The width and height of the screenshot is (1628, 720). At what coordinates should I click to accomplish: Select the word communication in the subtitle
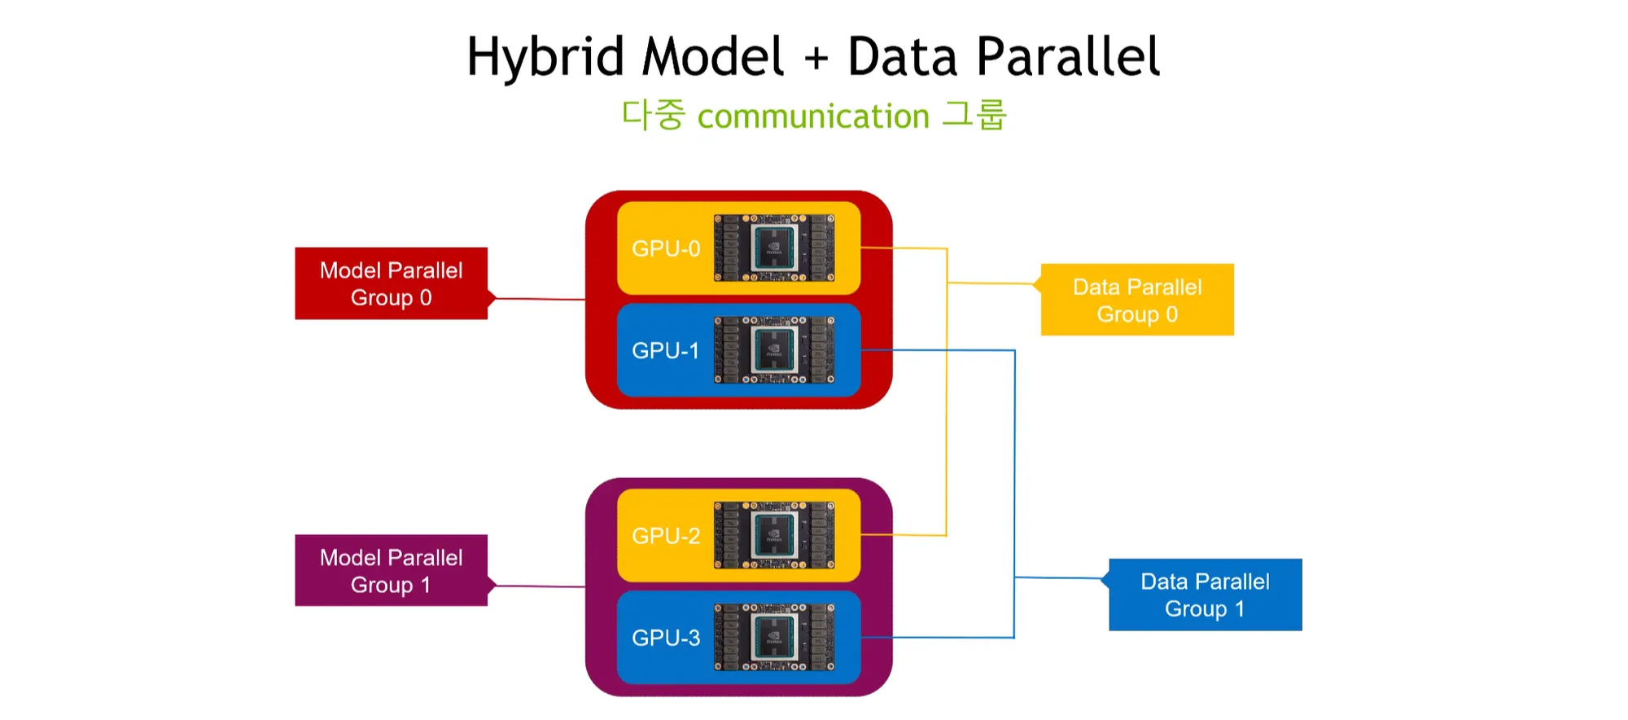click(813, 116)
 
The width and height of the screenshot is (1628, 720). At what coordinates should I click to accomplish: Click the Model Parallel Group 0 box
click(391, 283)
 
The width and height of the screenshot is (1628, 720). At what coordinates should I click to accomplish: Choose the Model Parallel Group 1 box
click(391, 571)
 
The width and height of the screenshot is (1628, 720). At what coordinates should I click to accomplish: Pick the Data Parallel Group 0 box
click(1137, 300)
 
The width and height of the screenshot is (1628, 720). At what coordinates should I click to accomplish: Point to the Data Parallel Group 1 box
click(1205, 595)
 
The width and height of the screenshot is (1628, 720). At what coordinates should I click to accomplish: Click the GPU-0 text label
click(666, 248)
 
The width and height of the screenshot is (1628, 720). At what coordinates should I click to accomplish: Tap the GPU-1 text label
click(666, 350)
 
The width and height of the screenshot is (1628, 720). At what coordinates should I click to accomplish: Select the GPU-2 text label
click(666, 536)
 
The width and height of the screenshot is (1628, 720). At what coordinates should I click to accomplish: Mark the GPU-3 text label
click(666, 638)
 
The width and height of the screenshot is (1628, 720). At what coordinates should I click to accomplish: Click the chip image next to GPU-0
click(774, 248)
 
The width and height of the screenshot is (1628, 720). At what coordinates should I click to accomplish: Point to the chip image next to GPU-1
click(774, 349)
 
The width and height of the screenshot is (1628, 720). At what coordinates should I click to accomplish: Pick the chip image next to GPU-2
click(774, 535)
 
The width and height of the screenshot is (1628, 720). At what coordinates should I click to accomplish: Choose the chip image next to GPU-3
click(774, 637)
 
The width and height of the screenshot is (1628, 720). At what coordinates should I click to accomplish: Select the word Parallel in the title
click(1068, 57)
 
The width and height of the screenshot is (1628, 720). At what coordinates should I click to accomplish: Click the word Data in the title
click(902, 57)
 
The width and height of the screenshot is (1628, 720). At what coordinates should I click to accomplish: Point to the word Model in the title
click(713, 57)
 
